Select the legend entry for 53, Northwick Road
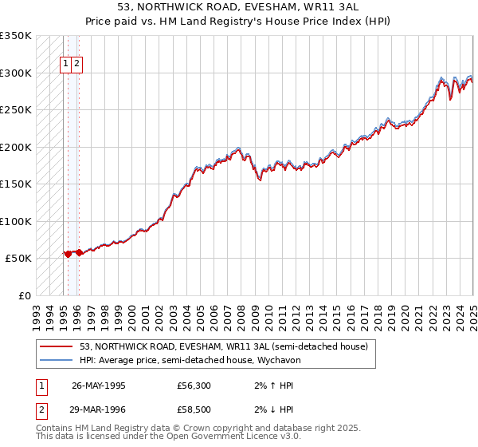point(223,346)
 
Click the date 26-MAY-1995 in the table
point(99,386)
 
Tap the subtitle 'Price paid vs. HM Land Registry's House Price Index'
point(238,22)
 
